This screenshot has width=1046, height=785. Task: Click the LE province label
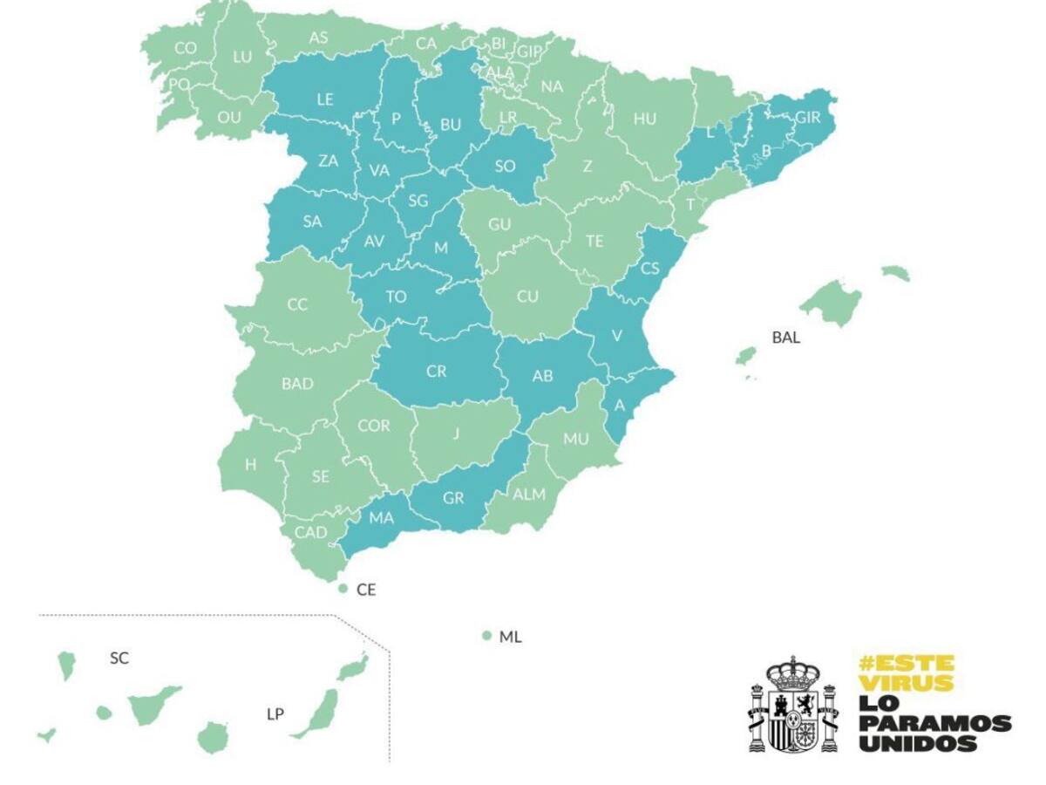coord(324,99)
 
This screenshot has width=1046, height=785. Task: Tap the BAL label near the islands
coord(785,337)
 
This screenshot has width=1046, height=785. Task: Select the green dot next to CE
coord(343,590)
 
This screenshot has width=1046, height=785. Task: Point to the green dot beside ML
coord(487,636)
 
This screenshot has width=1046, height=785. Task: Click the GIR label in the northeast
coord(808,116)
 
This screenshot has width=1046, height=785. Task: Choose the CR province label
coord(436,372)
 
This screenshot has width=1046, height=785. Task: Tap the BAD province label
coord(297,383)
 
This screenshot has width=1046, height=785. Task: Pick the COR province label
coord(374,426)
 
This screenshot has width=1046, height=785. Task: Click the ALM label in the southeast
coord(528,495)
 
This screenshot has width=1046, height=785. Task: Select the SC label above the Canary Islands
coord(119,658)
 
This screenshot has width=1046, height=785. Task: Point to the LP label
coord(275,713)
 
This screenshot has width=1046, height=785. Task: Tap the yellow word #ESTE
coord(906,663)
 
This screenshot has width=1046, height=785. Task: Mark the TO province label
coord(396,297)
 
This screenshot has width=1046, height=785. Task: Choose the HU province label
coord(645,119)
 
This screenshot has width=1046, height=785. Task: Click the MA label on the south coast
coord(381,517)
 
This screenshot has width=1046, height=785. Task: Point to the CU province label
coord(526,297)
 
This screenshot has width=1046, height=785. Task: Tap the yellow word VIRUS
coord(906,683)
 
